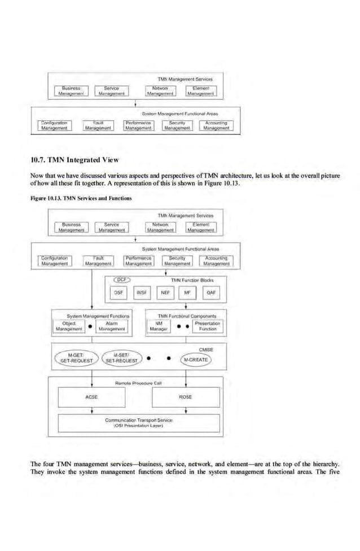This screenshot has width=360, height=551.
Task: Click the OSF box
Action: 118,292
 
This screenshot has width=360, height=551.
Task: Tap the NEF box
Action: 165,292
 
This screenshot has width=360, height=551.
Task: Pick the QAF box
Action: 211,292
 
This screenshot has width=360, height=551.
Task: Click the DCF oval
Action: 121,279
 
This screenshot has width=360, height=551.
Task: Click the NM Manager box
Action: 160,326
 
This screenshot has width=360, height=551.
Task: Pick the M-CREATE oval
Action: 195,360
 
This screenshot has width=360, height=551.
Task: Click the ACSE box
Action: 91,397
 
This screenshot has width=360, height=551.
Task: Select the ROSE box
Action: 186,397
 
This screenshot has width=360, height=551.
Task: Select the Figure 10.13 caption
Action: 81,198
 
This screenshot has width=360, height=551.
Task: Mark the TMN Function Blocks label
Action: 192,279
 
